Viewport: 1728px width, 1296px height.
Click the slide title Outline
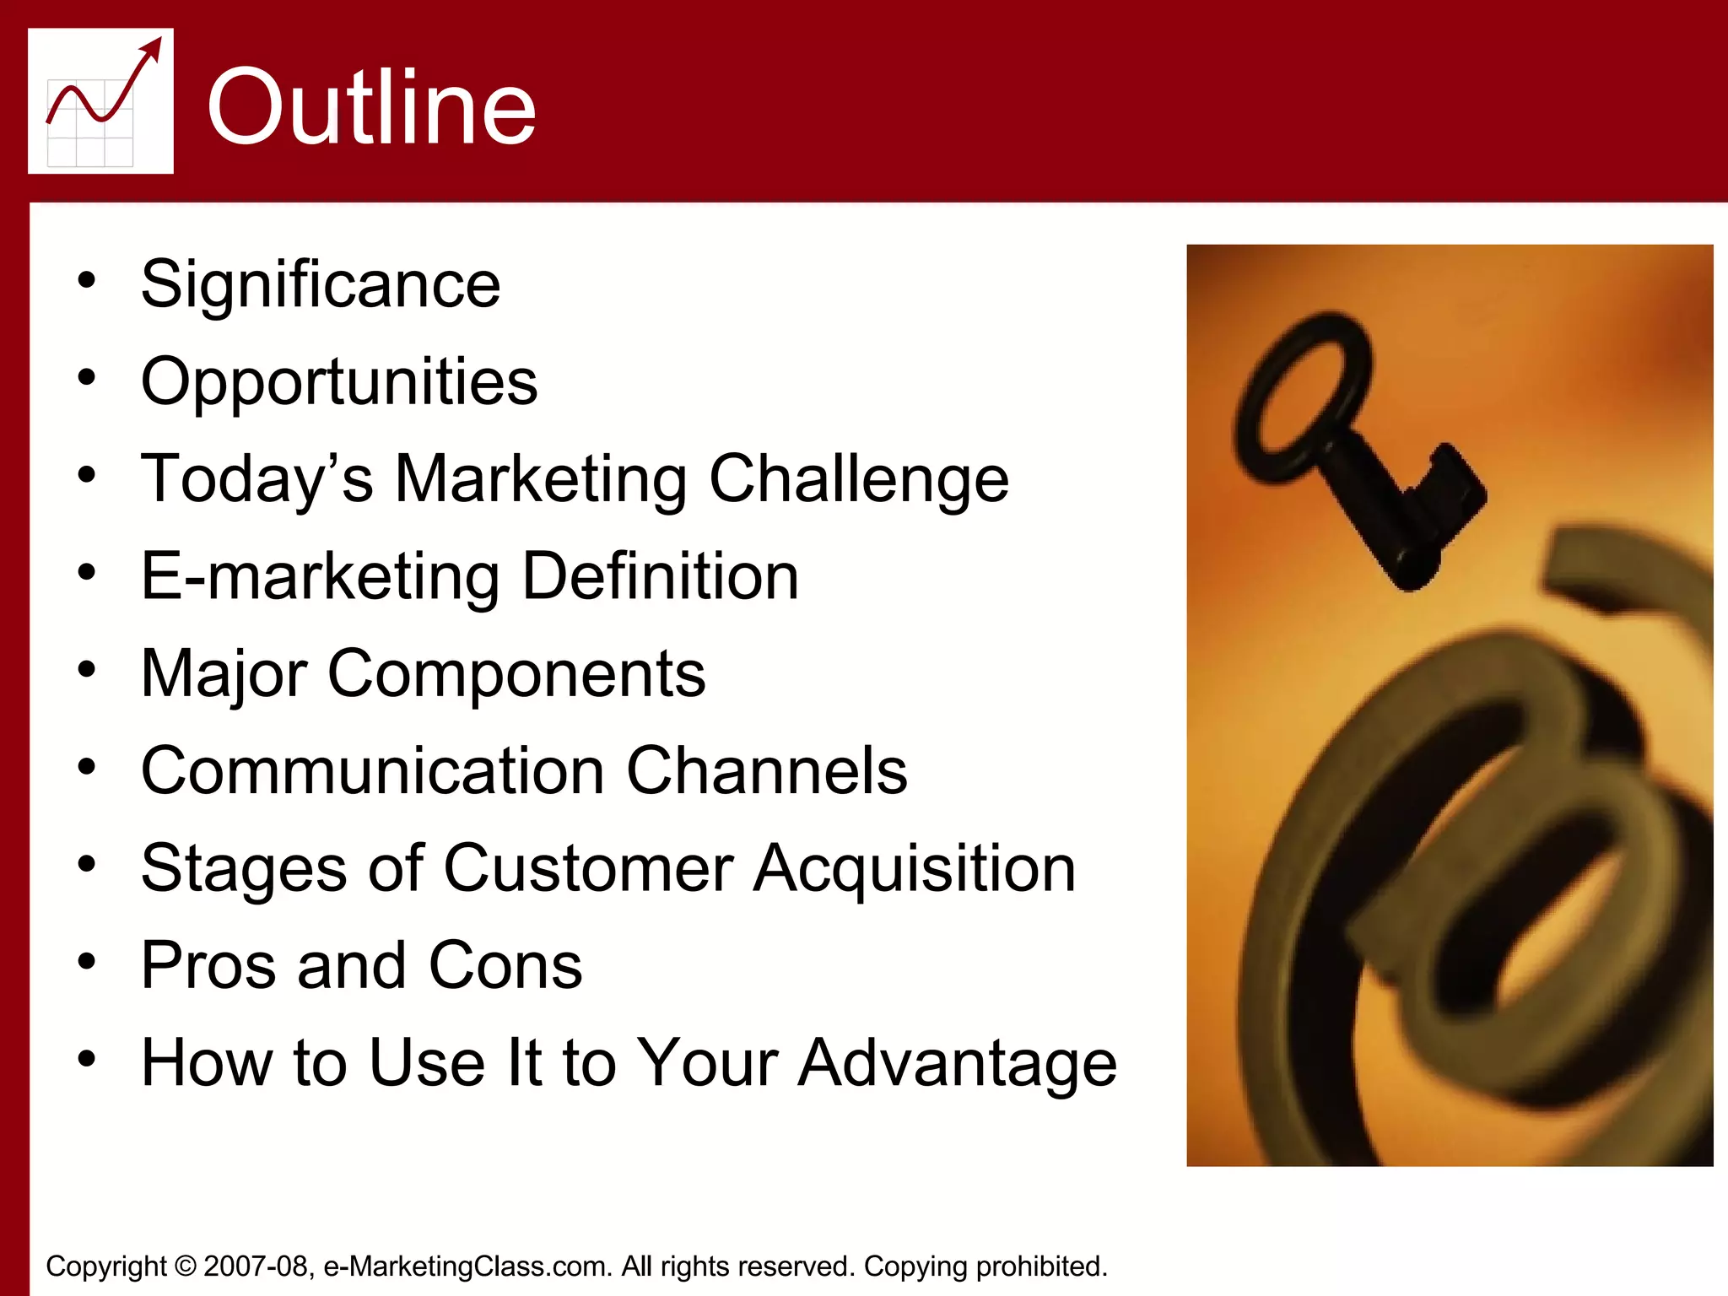click(371, 107)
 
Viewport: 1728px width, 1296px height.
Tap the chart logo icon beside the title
click(100, 100)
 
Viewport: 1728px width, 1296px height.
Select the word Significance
click(321, 284)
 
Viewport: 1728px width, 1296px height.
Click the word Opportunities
click(339, 381)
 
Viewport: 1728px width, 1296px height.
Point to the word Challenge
click(858, 479)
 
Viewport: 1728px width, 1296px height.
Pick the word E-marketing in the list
click(321, 576)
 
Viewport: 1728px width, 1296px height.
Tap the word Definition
click(660, 576)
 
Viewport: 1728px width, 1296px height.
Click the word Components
click(516, 674)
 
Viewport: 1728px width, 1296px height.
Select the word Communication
click(373, 770)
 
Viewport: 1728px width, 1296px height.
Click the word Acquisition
click(914, 868)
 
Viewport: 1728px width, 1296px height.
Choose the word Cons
click(505, 965)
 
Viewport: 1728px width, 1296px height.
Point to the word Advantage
click(957, 1063)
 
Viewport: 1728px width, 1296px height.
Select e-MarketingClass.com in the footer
click(467, 1266)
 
